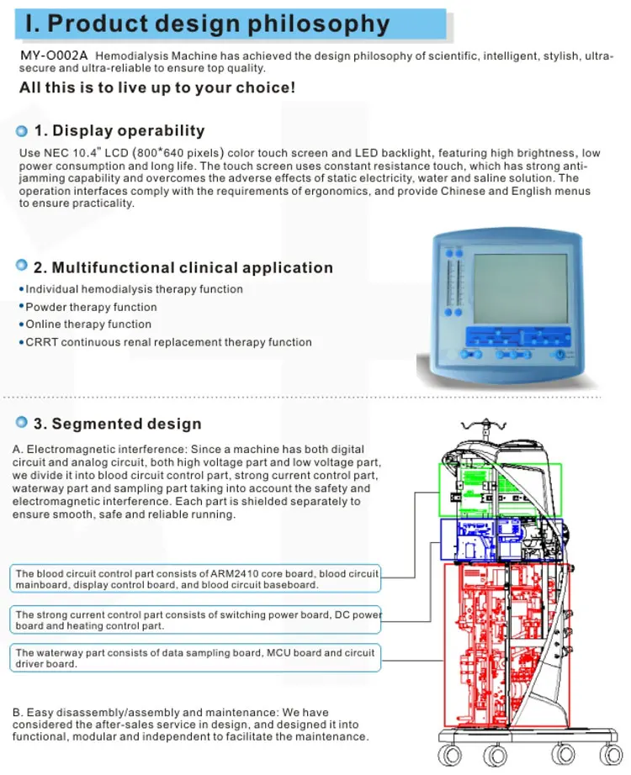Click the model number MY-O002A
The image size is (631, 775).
(x=54, y=56)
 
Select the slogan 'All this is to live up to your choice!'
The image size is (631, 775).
(x=157, y=87)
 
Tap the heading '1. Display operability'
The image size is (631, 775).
(x=119, y=130)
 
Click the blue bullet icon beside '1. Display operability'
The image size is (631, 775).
(x=22, y=131)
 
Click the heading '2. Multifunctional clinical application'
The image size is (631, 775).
(x=183, y=267)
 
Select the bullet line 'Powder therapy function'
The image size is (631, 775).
(x=91, y=307)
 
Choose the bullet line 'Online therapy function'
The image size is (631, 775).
(x=88, y=324)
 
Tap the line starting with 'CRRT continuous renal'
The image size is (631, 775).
(x=168, y=342)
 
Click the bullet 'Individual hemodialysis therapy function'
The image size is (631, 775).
(x=134, y=289)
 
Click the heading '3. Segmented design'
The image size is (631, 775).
(x=117, y=423)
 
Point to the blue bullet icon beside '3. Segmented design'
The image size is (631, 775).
(x=22, y=423)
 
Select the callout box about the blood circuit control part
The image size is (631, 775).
(x=196, y=578)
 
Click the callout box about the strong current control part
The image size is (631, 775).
(x=196, y=620)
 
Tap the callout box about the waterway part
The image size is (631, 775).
(x=196, y=657)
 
